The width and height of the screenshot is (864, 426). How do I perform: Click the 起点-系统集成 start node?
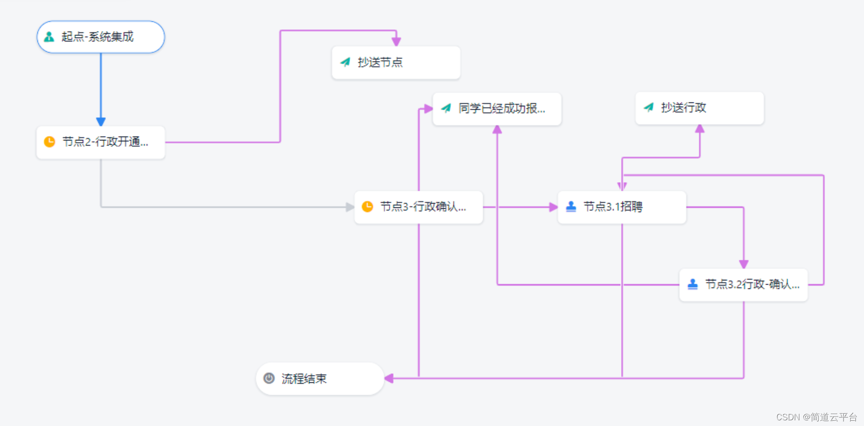click(x=101, y=37)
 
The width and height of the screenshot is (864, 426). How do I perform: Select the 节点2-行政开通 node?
click(x=101, y=142)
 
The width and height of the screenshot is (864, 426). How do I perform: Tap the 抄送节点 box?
click(x=395, y=63)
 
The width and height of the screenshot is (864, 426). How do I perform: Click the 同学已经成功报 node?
click(x=496, y=109)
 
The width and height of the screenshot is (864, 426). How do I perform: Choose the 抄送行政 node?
click(x=699, y=108)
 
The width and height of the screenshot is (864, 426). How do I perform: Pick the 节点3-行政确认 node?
click(x=418, y=207)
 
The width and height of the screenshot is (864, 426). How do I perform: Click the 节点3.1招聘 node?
click(x=621, y=207)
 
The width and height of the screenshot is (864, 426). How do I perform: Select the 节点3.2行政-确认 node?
click(x=743, y=285)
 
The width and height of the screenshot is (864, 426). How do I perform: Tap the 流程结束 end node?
click(x=320, y=379)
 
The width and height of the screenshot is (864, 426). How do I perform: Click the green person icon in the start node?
click(x=49, y=37)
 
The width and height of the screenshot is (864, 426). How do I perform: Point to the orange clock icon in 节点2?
click(x=49, y=142)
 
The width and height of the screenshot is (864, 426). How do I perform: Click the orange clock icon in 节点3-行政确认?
click(x=368, y=207)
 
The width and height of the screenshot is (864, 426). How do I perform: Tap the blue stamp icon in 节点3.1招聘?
click(x=571, y=206)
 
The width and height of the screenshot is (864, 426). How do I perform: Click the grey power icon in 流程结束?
click(x=269, y=378)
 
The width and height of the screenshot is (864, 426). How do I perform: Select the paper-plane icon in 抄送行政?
click(x=648, y=108)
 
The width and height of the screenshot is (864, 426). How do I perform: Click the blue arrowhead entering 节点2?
click(x=101, y=122)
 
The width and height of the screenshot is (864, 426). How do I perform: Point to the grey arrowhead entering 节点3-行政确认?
click(x=350, y=207)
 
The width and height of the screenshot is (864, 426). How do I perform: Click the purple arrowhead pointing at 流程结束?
click(x=389, y=378)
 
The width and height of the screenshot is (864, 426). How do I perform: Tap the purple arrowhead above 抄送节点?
click(x=396, y=42)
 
